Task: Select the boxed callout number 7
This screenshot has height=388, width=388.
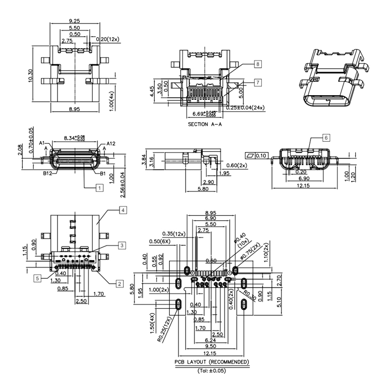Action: pos(258,82)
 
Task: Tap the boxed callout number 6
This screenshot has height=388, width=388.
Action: pos(325,138)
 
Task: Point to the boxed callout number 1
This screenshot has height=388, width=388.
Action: pos(98,188)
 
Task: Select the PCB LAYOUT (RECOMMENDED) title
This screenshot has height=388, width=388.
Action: pos(211,362)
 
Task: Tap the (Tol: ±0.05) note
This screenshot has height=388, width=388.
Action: pos(212,370)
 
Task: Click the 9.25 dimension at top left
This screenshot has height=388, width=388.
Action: pos(74,21)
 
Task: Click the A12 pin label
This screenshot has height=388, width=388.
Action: pos(111,143)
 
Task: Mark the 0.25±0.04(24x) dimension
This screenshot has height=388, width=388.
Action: pos(246,107)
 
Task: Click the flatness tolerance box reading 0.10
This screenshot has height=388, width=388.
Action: pos(257,155)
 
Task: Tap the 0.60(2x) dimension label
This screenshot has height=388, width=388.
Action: pos(237,165)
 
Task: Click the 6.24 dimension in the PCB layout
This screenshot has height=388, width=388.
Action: pos(211,340)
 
